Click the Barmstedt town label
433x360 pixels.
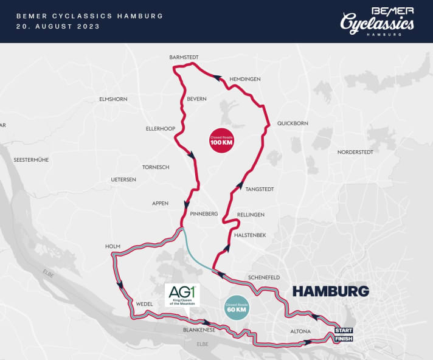click(x=184, y=58)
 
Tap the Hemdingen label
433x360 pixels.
click(x=245, y=79)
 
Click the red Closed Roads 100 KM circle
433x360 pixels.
click(x=221, y=141)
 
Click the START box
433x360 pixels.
click(x=344, y=330)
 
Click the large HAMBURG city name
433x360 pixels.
click(x=331, y=291)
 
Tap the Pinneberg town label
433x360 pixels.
click(x=204, y=213)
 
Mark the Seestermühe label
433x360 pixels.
click(x=31, y=160)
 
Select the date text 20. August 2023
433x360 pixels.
click(x=59, y=27)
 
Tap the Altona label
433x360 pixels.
click(x=302, y=331)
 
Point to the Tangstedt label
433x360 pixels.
click(x=260, y=189)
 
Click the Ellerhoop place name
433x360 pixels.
click(x=160, y=128)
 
